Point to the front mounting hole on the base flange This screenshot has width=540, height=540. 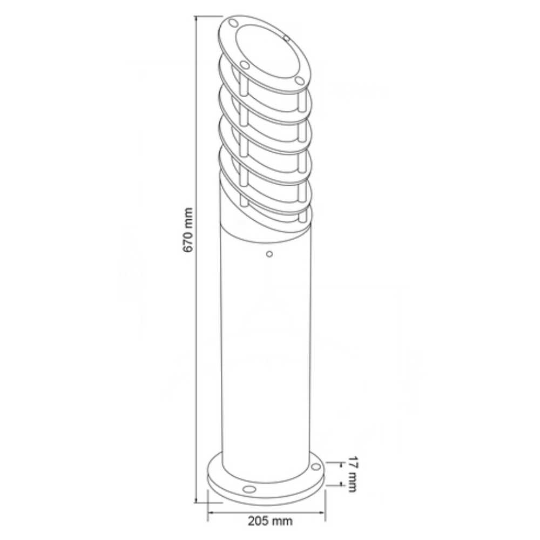click(x=249, y=489)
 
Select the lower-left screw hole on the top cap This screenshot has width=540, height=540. click(x=244, y=65)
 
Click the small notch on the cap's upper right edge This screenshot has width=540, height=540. click(x=287, y=38)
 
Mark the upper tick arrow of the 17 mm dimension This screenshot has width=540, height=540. click(x=341, y=463)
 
